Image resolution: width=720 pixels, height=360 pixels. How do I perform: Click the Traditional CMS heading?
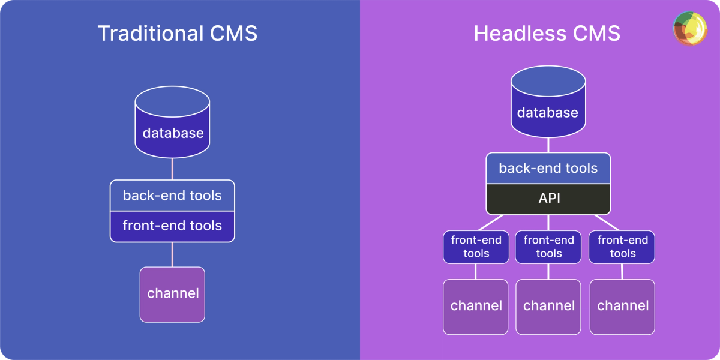177,33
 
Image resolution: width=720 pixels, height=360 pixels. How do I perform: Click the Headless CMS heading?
547,33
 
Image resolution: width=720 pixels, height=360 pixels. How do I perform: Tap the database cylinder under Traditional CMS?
172,123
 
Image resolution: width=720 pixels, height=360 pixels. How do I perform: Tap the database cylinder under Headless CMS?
548,102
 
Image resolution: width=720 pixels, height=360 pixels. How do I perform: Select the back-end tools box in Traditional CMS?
172,196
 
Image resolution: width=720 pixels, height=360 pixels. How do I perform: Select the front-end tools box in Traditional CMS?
172,226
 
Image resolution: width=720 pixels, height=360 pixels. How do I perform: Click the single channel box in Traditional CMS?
172,294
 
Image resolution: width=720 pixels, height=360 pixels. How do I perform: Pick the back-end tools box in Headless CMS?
548,168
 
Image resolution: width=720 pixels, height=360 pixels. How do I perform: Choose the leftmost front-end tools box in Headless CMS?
476,247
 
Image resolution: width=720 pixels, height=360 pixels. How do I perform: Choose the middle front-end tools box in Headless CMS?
548,247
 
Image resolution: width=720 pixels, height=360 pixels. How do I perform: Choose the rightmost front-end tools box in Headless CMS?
622,247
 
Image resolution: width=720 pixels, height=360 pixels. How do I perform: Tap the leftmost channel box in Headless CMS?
476,306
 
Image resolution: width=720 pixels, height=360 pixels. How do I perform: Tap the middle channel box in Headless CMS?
548,306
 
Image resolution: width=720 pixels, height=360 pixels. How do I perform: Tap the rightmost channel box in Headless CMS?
622,306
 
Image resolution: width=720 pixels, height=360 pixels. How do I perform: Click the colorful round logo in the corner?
690,28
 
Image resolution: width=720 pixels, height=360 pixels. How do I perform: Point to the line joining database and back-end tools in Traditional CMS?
172,169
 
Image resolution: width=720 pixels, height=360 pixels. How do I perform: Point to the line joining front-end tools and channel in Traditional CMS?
172,254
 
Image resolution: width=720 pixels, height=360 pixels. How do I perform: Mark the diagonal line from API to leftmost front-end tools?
490,223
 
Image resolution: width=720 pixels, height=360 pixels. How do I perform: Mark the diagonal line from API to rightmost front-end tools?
606,223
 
